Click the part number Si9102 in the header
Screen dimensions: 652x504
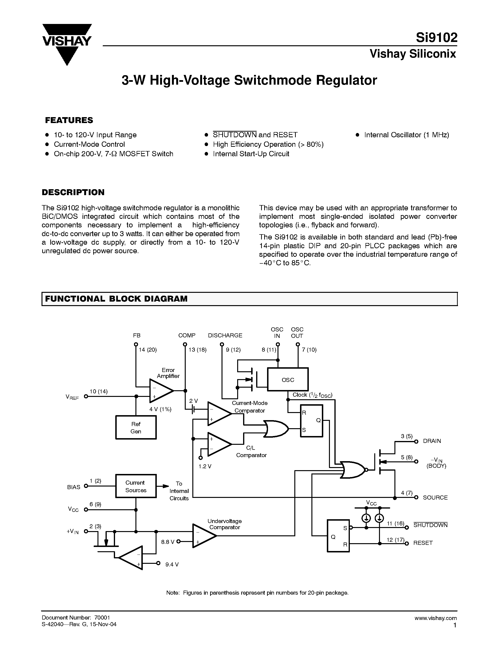[436, 38]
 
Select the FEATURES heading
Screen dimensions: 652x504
[69, 120]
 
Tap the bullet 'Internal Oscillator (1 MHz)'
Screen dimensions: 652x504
[406, 135]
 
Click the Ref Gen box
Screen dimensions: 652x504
[136, 427]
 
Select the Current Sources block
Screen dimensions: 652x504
[136, 486]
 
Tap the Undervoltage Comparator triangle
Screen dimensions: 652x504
[203, 536]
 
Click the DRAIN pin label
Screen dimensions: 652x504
[432, 441]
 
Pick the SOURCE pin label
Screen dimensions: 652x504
[435, 498]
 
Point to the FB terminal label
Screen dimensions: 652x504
[137, 335]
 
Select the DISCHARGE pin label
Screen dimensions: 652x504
[225, 335]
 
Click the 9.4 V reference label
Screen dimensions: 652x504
[172, 565]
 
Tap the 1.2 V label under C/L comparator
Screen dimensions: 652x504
[205, 466]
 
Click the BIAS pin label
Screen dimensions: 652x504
[74, 487]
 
